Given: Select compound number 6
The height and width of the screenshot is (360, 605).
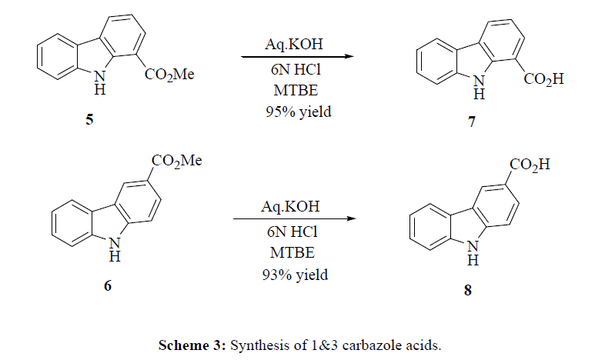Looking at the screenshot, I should pyautogui.click(x=108, y=285).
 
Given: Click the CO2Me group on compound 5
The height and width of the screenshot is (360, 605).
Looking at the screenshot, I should pyautogui.click(x=169, y=75).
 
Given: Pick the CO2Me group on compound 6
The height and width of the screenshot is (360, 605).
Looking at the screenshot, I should pyautogui.click(x=175, y=161).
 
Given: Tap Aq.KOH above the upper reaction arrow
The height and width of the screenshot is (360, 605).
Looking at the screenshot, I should pyautogui.click(x=292, y=42).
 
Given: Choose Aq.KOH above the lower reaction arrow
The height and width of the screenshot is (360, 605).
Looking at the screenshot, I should pyautogui.click(x=292, y=205).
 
